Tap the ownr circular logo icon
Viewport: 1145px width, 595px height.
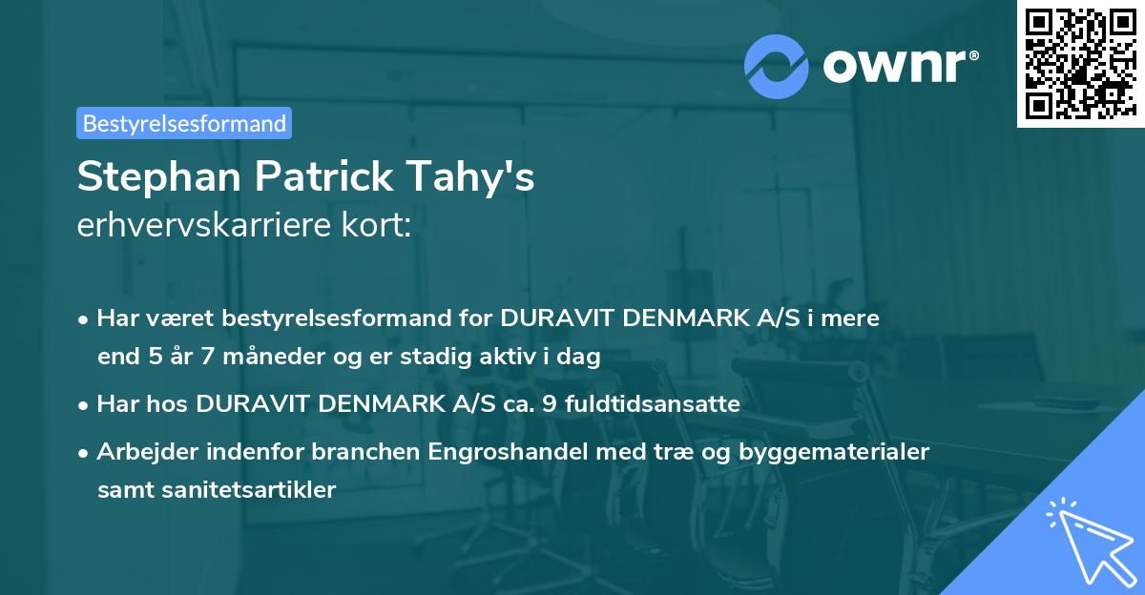(777, 66)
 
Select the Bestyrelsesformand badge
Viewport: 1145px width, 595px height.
(184, 123)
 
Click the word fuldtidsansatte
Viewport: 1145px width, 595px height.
(652, 403)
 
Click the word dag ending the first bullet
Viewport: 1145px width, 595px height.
(580, 358)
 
